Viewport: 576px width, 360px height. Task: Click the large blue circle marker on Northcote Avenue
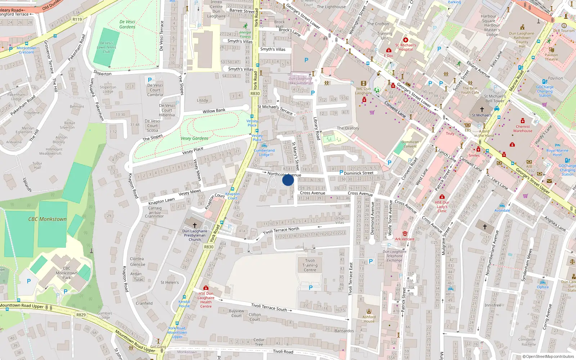(288, 180)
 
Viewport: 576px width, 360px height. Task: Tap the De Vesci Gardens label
(127, 24)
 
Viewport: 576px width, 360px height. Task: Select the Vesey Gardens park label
(194, 138)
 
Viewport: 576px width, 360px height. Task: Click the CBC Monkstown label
(48, 219)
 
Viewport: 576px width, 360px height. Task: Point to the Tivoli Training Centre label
(310, 265)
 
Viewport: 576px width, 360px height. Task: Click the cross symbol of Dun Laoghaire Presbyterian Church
(195, 225)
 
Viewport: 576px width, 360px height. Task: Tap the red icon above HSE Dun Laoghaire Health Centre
(206, 288)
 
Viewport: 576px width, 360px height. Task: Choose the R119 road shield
(77, 19)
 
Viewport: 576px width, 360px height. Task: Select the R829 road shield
(81, 315)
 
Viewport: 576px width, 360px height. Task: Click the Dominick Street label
(358, 173)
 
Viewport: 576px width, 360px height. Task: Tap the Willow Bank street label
(214, 111)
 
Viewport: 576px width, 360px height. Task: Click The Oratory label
(348, 128)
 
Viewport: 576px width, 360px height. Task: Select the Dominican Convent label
(410, 144)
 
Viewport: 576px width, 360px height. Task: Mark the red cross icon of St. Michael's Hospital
(406, 40)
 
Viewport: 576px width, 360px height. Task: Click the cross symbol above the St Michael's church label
(482, 109)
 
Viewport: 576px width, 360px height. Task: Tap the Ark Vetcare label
(405, 239)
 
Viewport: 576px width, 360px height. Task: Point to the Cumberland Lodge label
(264, 153)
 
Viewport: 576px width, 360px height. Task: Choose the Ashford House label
(369, 319)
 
